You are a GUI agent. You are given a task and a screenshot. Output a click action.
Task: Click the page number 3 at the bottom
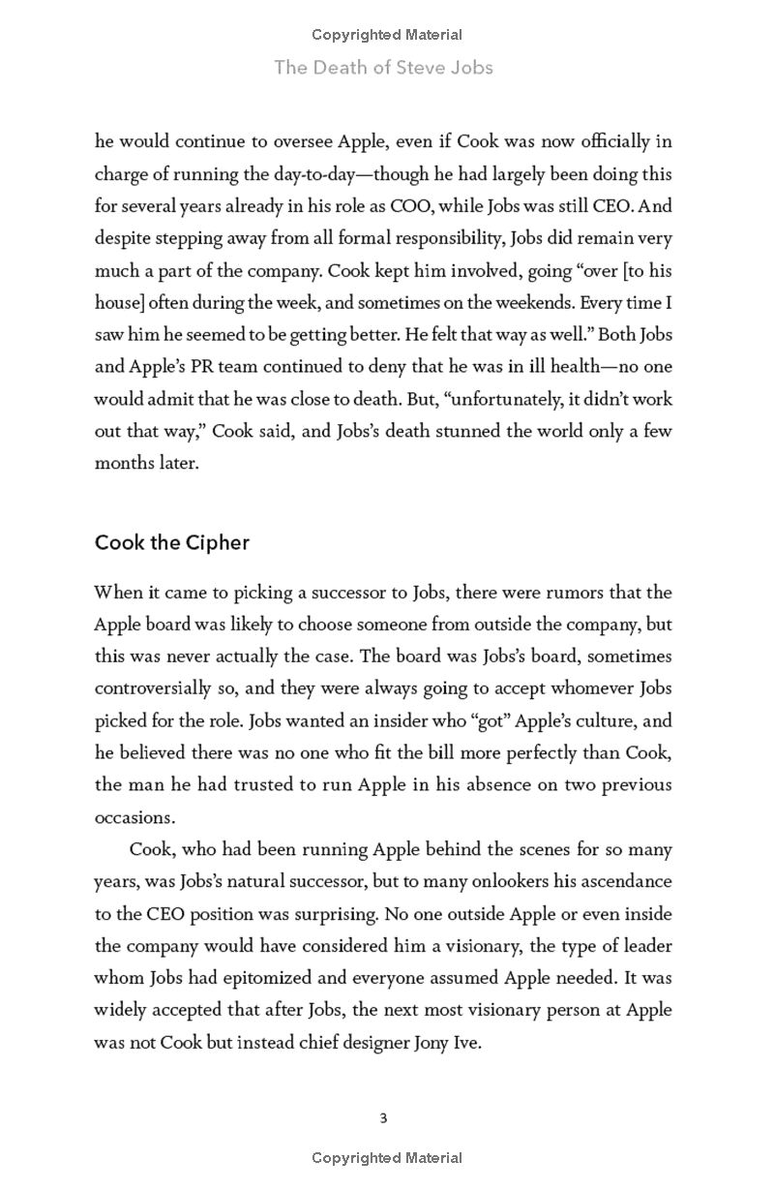(x=384, y=1118)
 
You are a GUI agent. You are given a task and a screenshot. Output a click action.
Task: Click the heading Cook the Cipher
(x=172, y=542)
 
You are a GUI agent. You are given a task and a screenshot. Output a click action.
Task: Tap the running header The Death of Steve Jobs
(x=384, y=67)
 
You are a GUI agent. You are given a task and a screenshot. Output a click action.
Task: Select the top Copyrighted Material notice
(x=387, y=35)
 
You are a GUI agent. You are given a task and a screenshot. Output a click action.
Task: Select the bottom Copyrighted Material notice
(x=387, y=1158)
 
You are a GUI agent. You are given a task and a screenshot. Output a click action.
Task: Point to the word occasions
(x=134, y=817)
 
